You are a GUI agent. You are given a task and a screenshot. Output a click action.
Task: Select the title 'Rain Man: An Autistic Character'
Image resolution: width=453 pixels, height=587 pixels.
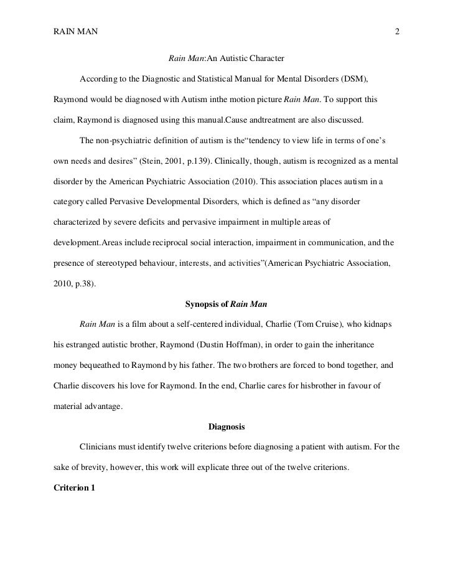pos(226,59)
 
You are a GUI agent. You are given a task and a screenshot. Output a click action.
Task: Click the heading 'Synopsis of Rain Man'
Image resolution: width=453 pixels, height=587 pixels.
pos(226,304)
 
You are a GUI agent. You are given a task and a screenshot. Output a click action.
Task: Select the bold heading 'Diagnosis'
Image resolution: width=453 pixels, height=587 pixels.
pos(226,426)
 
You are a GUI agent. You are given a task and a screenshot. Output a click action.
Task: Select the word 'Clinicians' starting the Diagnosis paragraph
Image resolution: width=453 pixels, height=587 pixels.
pos(98,446)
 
